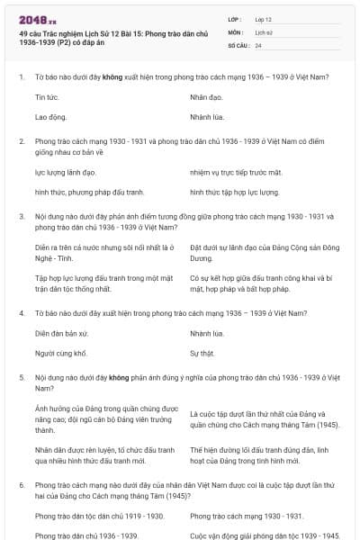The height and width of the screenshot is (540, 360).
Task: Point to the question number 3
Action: point(21,216)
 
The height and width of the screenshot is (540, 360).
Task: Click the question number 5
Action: point(21,378)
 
